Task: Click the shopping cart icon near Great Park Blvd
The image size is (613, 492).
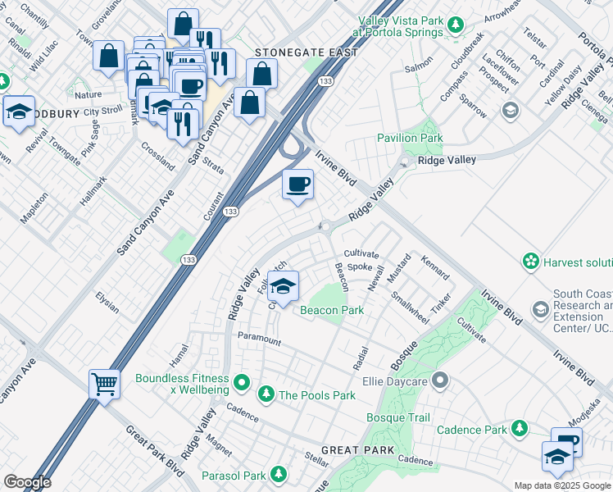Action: click(104, 383)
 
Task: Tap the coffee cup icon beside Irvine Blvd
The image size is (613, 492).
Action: click(298, 183)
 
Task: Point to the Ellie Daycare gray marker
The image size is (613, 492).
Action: click(440, 380)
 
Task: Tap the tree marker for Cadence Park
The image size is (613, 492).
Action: click(519, 428)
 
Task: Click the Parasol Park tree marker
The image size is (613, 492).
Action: click(279, 475)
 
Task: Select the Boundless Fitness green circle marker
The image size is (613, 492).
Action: click(241, 382)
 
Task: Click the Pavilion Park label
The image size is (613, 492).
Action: click(409, 139)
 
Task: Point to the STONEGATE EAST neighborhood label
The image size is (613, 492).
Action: click(306, 52)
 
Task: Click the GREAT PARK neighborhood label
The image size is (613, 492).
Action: click(359, 451)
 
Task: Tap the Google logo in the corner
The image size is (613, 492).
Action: click(27, 482)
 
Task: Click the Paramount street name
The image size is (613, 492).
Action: click(259, 339)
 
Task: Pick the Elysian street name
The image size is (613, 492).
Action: click(107, 303)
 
